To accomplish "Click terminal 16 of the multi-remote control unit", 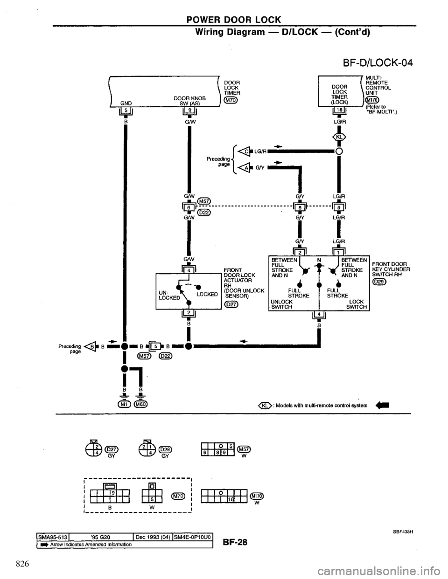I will tap(336, 110).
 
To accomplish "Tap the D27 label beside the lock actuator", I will tap(231, 305).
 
